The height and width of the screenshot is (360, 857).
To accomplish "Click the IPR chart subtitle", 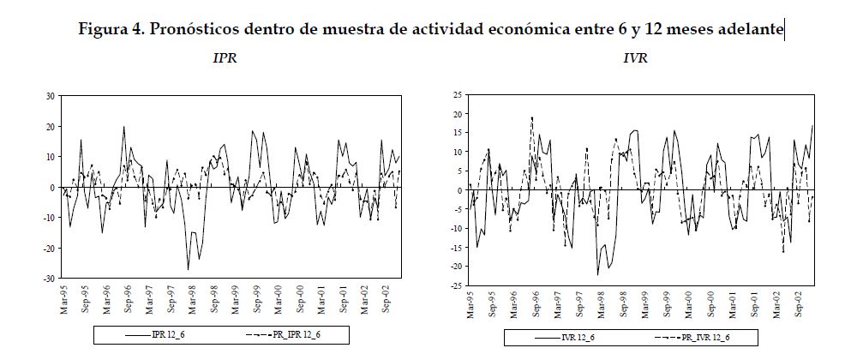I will pyautogui.click(x=225, y=59).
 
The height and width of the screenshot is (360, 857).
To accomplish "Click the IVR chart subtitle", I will pyautogui.click(x=636, y=59).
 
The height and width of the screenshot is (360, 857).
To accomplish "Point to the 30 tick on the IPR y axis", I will pyautogui.click(x=51, y=96).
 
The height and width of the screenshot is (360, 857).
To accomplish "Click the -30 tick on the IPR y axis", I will pyautogui.click(x=49, y=279).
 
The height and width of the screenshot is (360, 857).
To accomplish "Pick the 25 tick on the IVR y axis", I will pyautogui.click(x=456, y=94).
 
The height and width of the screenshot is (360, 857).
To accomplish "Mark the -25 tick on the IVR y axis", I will pyautogui.click(x=454, y=285).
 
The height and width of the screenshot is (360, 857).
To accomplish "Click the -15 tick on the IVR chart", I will pyautogui.click(x=454, y=247).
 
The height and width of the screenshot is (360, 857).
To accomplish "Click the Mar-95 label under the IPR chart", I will pyautogui.click(x=63, y=298).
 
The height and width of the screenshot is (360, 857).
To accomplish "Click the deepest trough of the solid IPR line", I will pyautogui.click(x=189, y=270).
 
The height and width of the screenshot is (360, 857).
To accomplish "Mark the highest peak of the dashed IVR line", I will pyautogui.click(x=531, y=117).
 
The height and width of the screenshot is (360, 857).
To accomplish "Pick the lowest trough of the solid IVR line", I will pyautogui.click(x=597, y=274).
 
